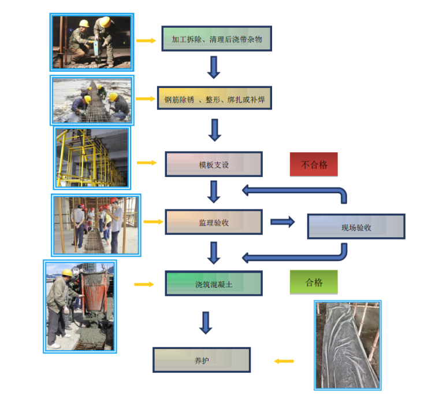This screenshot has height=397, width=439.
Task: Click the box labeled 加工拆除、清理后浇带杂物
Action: click(x=217, y=39)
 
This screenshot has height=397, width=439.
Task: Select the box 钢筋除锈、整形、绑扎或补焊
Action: click(x=214, y=98)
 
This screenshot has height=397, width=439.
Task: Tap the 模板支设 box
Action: click(x=214, y=164)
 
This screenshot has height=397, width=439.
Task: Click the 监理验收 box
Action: click(x=214, y=222)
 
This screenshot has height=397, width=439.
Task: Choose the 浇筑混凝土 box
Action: click(x=214, y=284)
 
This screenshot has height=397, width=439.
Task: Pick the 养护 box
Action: click(x=202, y=360)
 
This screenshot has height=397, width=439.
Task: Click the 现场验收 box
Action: click(x=356, y=227)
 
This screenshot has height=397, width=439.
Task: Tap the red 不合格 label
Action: click(x=314, y=164)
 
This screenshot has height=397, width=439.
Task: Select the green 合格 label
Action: click(x=314, y=283)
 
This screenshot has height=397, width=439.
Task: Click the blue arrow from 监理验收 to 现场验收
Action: click(x=282, y=222)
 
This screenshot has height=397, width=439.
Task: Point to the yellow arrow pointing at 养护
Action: click(x=284, y=361)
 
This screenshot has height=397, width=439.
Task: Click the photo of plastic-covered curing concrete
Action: click(x=348, y=345)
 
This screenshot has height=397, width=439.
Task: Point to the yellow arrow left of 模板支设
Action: click(x=147, y=163)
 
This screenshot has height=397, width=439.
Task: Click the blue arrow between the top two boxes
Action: click(x=214, y=67)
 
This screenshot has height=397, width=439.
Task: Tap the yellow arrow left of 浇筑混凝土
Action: click(x=144, y=284)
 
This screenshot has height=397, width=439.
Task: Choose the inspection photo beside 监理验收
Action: click(x=96, y=225)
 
